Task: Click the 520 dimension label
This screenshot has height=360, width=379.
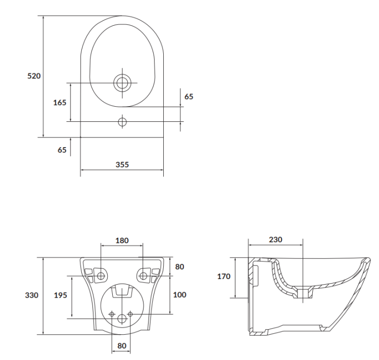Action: [x=34, y=76]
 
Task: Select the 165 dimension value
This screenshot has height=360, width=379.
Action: [x=60, y=103]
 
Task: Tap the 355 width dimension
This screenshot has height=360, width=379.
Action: [x=122, y=164]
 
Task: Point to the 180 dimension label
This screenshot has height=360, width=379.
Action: [x=122, y=241]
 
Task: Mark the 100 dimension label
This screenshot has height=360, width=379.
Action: [x=179, y=294]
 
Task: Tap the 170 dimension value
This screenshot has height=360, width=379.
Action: [x=223, y=277]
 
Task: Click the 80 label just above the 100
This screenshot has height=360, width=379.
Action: [x=179, y=266]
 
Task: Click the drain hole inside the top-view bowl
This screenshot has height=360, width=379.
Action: [x=122, y=83]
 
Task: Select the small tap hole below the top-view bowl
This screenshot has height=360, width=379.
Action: [x=122, y=121]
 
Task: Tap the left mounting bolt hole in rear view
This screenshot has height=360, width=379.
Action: [x=102, y=276]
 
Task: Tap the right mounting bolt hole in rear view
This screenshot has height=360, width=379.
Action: [x=143, y=276]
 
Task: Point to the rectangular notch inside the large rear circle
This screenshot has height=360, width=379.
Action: [x=122, y=291]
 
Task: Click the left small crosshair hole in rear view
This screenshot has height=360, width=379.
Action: [x=113, y=313]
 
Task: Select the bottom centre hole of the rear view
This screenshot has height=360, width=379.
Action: [x=122, y=319]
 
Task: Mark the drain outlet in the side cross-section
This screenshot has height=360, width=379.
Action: [x=303, y=293]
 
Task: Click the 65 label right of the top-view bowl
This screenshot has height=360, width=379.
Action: [x=188, y=96]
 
